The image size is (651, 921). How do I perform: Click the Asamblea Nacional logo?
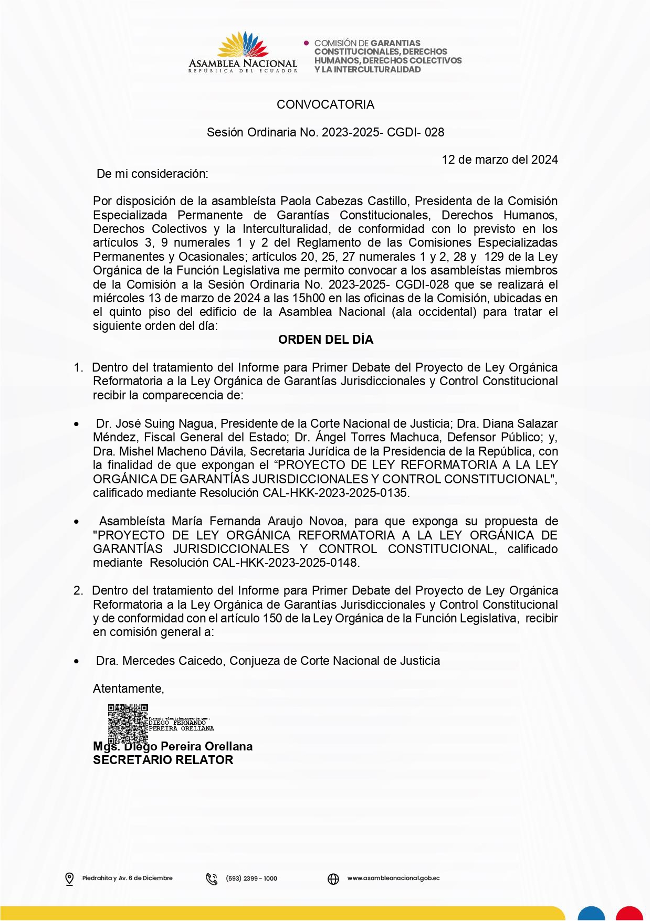coord(243,52)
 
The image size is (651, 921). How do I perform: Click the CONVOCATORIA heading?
coord(325,104)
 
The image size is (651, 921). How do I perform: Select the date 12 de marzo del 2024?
coord(499,160)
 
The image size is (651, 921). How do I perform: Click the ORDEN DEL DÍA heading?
coord(325,340)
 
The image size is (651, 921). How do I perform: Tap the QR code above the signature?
coord(128,723)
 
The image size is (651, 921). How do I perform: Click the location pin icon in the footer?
coord(69,878)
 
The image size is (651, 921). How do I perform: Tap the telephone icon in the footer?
coord(212,878)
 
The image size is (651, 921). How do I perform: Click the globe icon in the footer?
coord(333,878)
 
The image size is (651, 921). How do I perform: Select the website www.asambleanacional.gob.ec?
coord(393,878)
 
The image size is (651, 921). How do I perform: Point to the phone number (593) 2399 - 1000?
coord(251,878)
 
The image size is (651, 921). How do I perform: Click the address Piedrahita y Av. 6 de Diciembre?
coord(127,878)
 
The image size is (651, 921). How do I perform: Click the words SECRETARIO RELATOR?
coord(163,760)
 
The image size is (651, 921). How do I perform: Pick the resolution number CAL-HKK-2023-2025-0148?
coord(285,563)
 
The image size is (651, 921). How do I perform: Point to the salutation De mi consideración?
coord(152,174)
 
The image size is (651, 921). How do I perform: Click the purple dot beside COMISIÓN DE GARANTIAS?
coord(307,43)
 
